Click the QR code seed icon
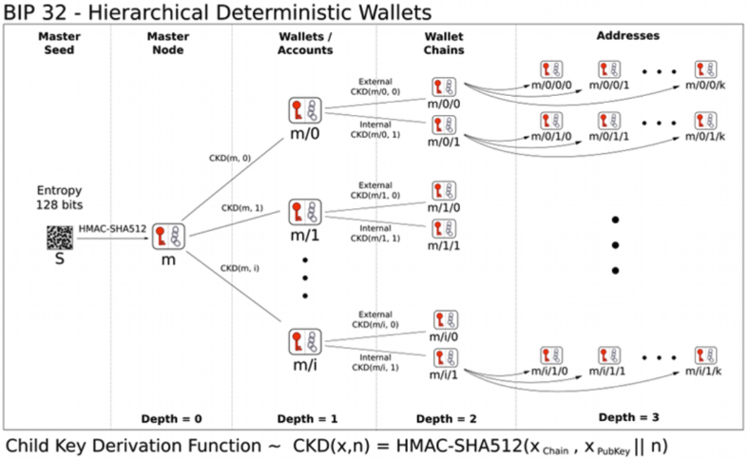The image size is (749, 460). coord(59,239)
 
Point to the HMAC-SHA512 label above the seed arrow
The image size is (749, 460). coord(111,228)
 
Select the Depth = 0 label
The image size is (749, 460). coord(171,418)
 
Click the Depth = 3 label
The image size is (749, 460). coord(627,417)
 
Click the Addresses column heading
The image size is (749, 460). coord(628,35)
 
